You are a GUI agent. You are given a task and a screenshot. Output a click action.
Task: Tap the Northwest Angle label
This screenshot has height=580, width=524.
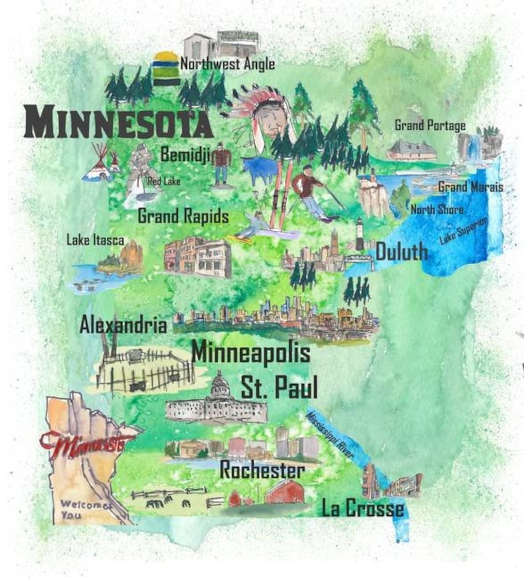pos(227,64)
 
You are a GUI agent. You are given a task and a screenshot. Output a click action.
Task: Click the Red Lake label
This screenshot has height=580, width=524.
pos(164,181)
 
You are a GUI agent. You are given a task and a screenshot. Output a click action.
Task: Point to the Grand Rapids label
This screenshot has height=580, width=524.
pos(183,216)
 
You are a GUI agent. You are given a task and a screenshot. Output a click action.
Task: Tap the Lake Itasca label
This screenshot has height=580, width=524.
pos(95,240)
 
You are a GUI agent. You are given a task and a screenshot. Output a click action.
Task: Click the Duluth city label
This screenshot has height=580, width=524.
pos(402,252)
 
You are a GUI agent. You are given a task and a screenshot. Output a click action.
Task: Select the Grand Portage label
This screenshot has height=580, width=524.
pos(429,125)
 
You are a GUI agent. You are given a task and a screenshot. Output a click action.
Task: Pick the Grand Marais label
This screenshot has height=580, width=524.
pos(470,187)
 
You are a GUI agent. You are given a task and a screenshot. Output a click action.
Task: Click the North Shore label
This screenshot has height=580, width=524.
pos(437,210)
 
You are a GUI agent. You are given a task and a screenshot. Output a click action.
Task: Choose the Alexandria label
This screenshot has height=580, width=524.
pos(123,324)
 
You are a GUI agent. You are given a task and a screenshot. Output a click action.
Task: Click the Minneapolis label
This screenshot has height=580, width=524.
pos(251,352)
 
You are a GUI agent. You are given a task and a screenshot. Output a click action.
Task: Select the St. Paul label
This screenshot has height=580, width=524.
pos(279,388)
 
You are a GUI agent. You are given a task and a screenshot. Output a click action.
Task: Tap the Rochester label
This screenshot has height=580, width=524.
pos(262,470)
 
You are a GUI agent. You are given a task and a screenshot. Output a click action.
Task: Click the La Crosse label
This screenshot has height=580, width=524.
pos(362,508)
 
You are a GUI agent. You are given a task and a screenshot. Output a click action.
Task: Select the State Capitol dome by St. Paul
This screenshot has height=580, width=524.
pos(220,384)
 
